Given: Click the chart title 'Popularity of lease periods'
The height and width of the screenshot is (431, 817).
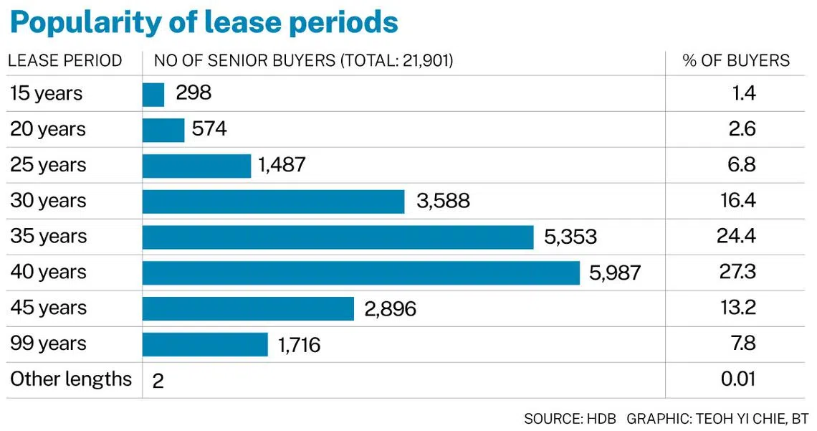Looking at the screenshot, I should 204,23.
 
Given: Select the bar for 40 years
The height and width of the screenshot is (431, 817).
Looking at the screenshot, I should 360,273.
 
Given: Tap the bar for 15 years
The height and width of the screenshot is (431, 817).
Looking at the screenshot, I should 153,94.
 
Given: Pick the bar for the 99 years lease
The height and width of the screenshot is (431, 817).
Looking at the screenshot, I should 205,344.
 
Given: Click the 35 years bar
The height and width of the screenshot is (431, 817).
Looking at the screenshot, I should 338,237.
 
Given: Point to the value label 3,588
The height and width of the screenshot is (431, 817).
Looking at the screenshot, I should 443,201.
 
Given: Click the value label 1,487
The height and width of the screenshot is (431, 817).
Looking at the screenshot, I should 282,165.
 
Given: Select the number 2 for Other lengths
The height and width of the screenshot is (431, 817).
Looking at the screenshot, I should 158,381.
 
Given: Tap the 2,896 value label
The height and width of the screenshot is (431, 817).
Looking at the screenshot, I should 390,308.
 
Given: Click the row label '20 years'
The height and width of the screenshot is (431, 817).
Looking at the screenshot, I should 47,129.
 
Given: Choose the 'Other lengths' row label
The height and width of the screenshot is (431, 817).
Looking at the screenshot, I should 71,379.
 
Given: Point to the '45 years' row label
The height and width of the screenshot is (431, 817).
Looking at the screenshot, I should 47,308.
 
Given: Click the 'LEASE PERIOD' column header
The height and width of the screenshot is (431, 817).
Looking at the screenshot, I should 65,61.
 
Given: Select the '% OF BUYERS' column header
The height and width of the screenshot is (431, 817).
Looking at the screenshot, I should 736,61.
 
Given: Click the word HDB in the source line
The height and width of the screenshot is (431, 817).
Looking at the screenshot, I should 601,418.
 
